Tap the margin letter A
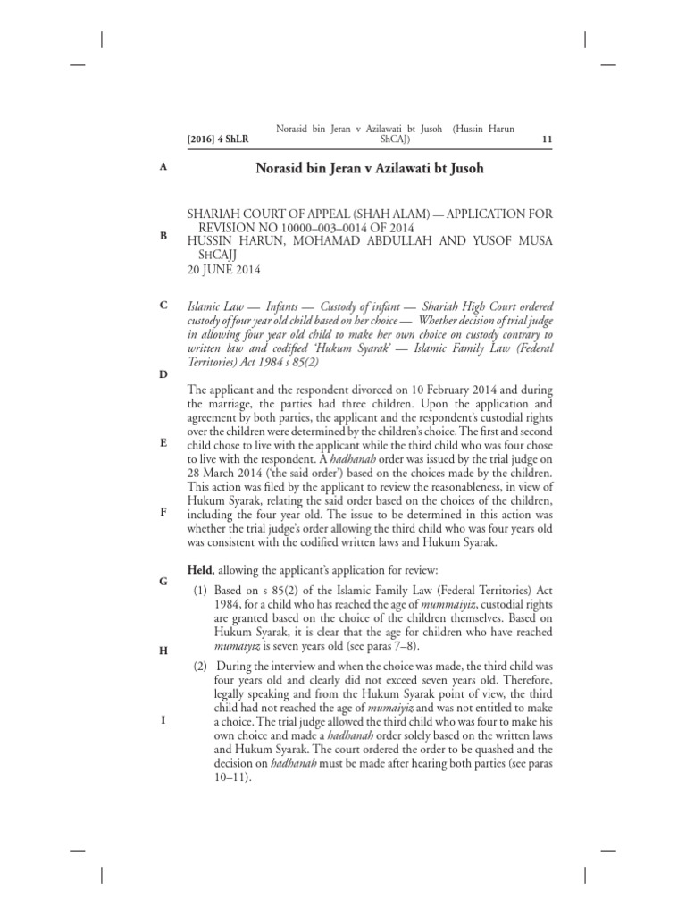pyautogui.click(x=163, y=166)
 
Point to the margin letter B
pyautogui.click(x=163, y=236)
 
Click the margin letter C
pyautogui.click(x=163, y=306)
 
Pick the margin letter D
pyautogui.click(x=163, y=374)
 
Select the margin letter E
pyautogui.click(x=163, y=442)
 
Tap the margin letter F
pyautogui.click(x=163, y=512)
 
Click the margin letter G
pyautogui.click(x=163, y=581)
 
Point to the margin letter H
pyautogui.click(x=163, y=651)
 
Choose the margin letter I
pyautogui.click(x=163, y=719)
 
